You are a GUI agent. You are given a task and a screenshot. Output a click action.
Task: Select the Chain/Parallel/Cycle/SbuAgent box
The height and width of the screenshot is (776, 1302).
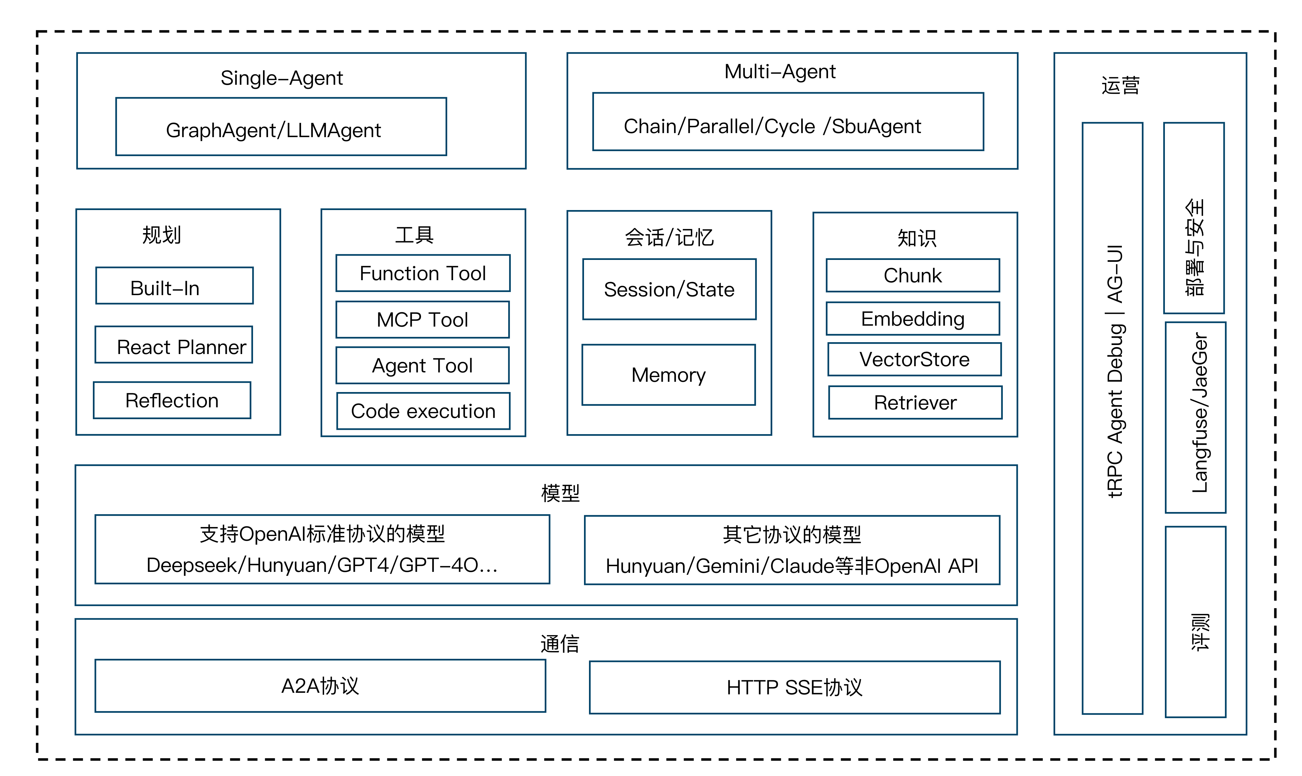[788, 122]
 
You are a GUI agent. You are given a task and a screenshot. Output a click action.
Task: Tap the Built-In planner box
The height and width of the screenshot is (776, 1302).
[175, 285]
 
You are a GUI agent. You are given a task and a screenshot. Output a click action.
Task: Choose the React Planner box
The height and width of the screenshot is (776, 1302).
[174, 345]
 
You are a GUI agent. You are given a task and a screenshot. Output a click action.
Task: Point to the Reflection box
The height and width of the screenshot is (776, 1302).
[172, 400]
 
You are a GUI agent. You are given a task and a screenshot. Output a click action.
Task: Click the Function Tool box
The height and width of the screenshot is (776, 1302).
[423, 273]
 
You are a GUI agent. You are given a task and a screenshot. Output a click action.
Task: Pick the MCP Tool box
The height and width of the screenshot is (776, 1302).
[423, 319]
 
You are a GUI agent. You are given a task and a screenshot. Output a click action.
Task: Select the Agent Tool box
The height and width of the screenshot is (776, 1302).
[423, 366]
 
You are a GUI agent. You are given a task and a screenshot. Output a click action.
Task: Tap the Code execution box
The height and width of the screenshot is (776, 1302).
[423, 411]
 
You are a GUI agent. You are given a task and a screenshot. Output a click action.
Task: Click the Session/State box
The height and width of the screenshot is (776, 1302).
[669, 289]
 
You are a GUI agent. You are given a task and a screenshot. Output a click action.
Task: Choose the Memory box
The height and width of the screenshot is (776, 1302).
[669, 375]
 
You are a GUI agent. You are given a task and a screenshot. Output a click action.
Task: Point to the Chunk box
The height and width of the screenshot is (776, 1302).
[913, 275]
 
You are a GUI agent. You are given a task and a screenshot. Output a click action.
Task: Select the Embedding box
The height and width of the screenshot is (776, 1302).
[913, 319]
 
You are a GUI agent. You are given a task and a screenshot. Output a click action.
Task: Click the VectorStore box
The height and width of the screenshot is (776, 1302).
[915, 359]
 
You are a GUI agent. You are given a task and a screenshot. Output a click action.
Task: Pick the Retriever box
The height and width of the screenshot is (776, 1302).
[916, 403]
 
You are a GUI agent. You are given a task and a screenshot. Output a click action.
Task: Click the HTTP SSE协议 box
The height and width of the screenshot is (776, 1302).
[795, 687]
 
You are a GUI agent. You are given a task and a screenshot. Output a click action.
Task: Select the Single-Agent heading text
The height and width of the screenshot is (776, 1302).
[282, 78]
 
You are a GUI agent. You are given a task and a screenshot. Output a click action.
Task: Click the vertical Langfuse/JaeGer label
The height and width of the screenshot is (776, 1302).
[1200, 413]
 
